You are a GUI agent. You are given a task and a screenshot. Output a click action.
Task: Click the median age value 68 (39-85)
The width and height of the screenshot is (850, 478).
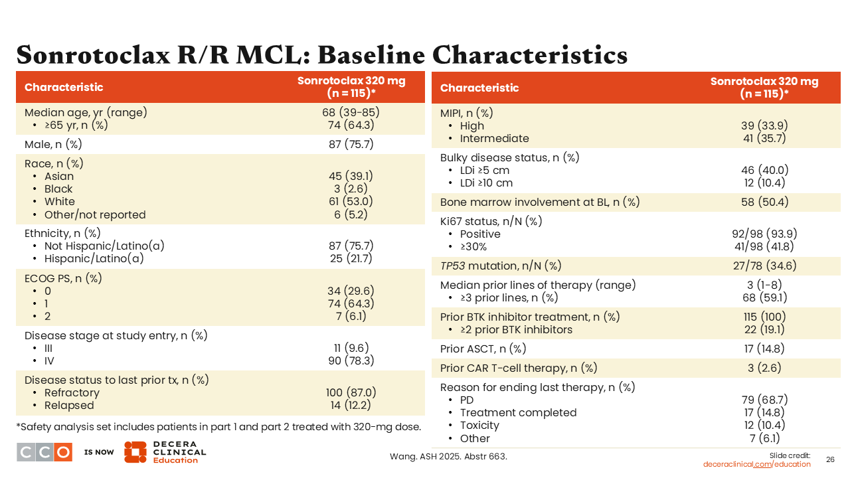351,112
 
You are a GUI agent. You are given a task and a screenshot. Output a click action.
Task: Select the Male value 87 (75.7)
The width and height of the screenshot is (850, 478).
351,144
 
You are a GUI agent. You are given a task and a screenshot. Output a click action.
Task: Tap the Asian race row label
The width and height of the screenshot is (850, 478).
59,176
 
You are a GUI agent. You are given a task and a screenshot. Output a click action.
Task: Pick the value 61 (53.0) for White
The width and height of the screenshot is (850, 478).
351,201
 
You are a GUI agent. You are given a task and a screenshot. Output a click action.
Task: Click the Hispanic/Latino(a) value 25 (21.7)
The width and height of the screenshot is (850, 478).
351,258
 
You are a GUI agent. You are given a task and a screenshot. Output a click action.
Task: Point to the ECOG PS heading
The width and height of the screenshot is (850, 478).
63,278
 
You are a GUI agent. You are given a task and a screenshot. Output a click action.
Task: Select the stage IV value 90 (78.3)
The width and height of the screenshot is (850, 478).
351,360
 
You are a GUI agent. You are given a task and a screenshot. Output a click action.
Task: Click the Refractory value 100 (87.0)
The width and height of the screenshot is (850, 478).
351,392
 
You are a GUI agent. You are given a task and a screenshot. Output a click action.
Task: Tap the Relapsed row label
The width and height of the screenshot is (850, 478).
69,405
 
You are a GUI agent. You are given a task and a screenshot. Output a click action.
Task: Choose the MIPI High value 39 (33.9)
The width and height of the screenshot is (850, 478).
764,125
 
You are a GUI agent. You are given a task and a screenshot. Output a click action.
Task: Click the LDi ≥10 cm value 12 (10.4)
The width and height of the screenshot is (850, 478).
764,183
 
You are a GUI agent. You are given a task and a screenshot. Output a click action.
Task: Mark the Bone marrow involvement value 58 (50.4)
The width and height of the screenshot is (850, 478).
764,202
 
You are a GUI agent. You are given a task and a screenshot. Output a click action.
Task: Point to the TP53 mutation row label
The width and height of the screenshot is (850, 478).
501,266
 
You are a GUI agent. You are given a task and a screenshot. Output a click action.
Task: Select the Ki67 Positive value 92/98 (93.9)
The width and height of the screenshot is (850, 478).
764,234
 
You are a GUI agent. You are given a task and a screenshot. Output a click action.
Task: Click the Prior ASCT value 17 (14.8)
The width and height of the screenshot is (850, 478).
764,349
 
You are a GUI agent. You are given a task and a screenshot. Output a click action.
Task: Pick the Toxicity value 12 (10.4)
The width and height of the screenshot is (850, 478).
764,425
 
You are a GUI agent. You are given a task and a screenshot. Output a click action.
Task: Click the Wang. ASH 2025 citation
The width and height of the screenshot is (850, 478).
448,456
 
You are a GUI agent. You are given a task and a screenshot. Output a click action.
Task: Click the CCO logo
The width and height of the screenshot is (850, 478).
44,452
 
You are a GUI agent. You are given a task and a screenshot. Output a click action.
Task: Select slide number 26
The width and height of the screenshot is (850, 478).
830,459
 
